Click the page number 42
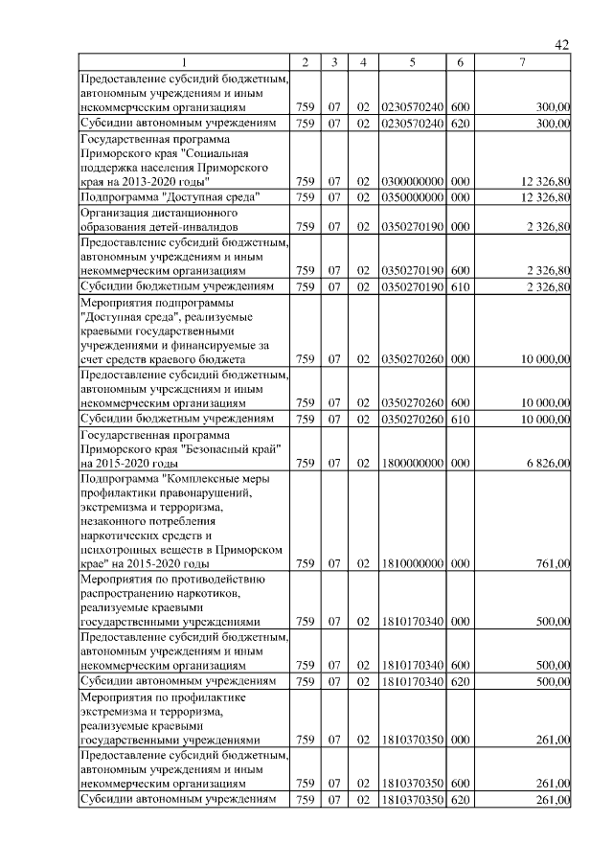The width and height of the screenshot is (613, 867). tap(562, 45)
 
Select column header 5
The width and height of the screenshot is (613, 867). tap(411, 63)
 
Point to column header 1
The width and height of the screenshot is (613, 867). tap(185, 63)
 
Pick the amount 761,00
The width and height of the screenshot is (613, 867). tap(553, 563)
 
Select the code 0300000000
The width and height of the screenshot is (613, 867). tap(411, 181)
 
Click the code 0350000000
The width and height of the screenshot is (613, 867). tap(411, 197)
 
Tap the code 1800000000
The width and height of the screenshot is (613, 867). tap(411, 464)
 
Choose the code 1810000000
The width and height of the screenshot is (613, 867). tap(411, 563)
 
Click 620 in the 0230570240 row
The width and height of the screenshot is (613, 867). tap(460, 124)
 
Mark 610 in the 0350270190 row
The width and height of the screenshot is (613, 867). tap(460, 286)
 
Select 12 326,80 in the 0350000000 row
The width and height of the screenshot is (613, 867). tap(543, 197)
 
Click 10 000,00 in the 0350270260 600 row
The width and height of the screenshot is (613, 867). tap(543, 403)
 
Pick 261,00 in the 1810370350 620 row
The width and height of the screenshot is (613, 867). tap(553, 800)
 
